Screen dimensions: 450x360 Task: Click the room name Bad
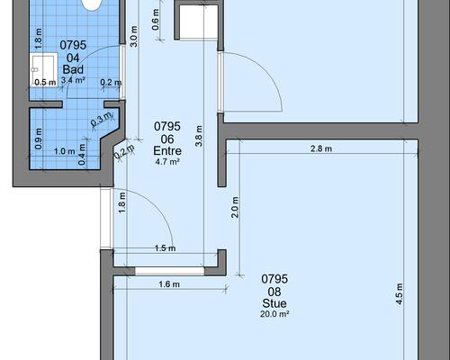[73, 69]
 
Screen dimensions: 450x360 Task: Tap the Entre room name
[167, 150]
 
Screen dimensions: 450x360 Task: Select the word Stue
[274, 303]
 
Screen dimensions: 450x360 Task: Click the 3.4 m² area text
[73, 80]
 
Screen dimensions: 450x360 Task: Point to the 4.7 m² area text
[167, 162]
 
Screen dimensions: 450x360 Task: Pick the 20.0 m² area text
[274, 314]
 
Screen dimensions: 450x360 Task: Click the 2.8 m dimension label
[321, 148]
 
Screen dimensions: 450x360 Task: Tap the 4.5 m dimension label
[400, 294]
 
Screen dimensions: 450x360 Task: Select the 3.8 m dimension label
[199, 136]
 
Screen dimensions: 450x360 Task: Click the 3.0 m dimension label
[134, 36]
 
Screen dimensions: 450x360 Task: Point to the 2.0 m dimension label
[235, 207]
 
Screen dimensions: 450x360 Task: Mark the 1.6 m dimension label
[169, 283]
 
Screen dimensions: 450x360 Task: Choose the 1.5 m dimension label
[165, 248]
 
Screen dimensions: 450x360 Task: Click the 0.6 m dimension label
[156, 20]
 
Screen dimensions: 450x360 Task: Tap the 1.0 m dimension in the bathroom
[65, 151]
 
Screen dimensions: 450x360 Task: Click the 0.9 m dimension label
[39, 139]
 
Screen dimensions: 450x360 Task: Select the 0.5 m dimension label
[45, 82]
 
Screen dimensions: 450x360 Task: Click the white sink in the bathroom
[43, 69]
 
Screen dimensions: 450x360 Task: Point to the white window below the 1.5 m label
[169, 271]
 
